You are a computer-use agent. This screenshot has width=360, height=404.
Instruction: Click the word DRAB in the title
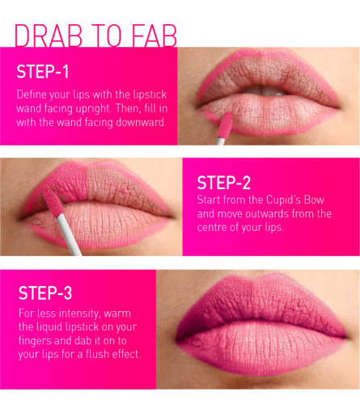pos(49,36)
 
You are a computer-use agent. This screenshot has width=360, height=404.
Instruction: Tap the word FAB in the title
pos(155,36)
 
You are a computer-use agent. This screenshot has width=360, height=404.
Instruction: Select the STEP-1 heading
pos(43,72)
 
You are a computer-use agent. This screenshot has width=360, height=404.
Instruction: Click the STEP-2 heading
pos(224,183)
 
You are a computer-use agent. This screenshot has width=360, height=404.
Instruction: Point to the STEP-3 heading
pos(45,292)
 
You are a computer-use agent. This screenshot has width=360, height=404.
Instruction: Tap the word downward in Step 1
pos(141,122)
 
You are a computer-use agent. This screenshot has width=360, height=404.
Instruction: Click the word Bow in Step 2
pos(314,200)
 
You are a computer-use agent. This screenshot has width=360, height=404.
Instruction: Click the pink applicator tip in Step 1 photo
pos(225,124)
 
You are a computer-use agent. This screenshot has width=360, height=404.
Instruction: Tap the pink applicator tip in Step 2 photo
pos(53,203)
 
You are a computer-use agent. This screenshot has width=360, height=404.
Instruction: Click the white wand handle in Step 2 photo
pos(69,234)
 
